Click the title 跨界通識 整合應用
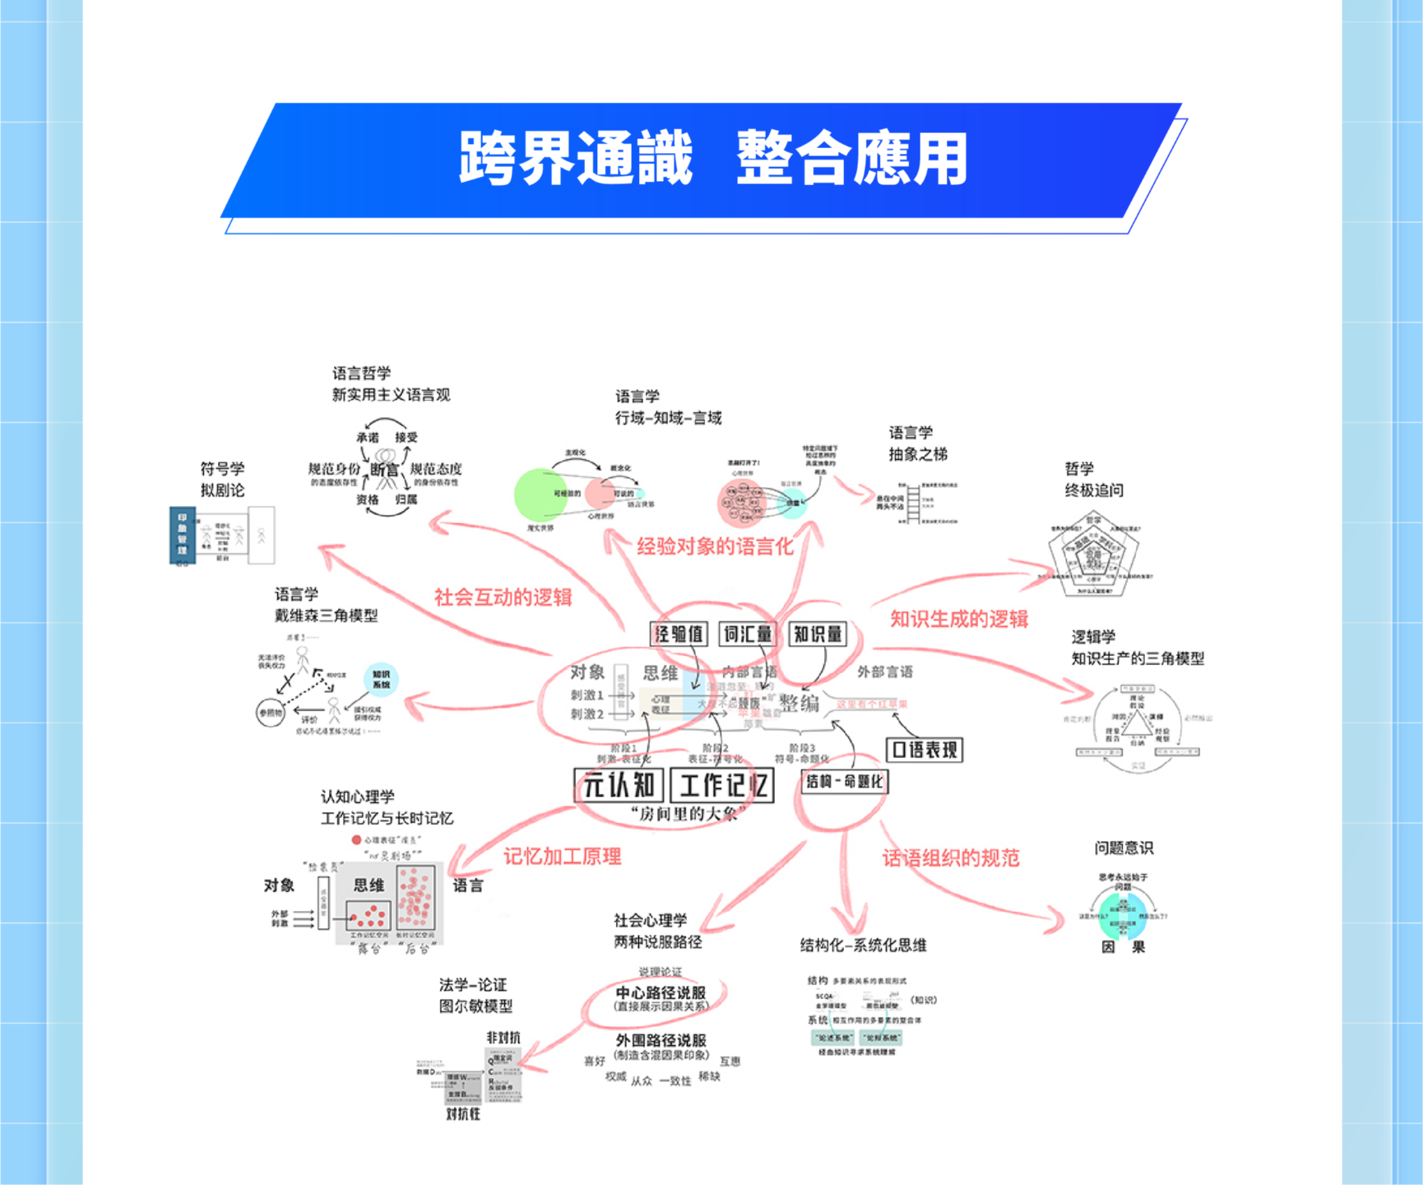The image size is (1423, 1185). click(x=712, y=158)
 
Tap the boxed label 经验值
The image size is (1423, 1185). click(x=679, y=634)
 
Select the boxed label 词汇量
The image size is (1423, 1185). click(x=748, y=634)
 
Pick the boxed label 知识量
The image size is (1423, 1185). click(x=817, y=634)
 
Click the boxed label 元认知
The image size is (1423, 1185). click(x=619, y=785)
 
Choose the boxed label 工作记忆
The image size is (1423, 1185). click(x=722, y=785)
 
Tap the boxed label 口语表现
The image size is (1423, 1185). click(x=925, y=750)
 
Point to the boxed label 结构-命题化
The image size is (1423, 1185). click(x=845, y=781)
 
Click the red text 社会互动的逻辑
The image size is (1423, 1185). click(x=503, y=597)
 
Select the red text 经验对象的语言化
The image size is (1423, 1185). click(x=715, y=546)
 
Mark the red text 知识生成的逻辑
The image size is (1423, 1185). click(x=958, y=620)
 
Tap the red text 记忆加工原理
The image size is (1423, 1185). click(x=563, y=857)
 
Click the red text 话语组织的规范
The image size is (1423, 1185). click(x=950, y=858)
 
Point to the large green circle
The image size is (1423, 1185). click(x=540, y=495)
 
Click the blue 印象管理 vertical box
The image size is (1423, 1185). click(x=182, y=536)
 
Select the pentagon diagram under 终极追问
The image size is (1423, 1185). click(x=1093, y=555)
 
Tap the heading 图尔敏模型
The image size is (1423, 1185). click(x=475, y=1006)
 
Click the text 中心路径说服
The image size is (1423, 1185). click(x=661, y=992)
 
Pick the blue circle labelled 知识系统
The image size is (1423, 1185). click(x=381, y=680)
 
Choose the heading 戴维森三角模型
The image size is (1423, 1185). click(x=326, y=616)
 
